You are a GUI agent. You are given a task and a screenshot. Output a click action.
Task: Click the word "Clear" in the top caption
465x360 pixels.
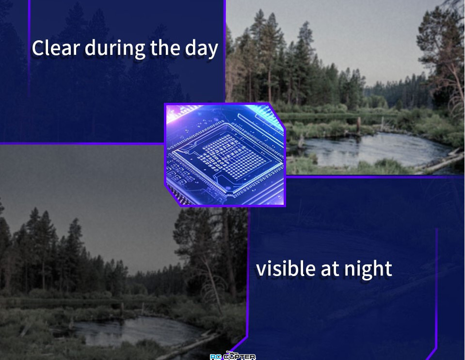pos(56,48)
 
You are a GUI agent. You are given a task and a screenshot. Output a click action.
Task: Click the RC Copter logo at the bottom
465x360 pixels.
pos(233,356)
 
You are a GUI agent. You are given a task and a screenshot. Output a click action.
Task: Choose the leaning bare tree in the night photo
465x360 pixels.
pos(212,282)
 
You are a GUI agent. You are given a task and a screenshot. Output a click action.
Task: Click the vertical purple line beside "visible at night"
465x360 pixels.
pos(436,288)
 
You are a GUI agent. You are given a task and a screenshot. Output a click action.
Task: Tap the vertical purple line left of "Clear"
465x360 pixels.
pos(29,48)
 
